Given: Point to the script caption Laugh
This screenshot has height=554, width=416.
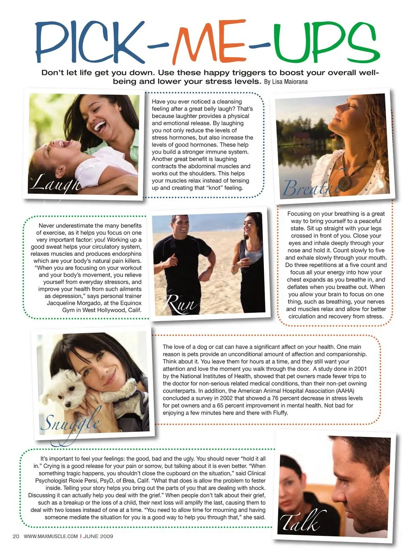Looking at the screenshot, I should (55, 182).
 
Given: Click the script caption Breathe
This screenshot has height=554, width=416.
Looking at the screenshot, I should (310, 187).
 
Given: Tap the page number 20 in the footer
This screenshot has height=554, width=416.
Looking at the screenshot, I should (16, 536).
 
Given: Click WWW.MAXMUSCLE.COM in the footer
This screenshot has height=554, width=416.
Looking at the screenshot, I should (51, 536).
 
